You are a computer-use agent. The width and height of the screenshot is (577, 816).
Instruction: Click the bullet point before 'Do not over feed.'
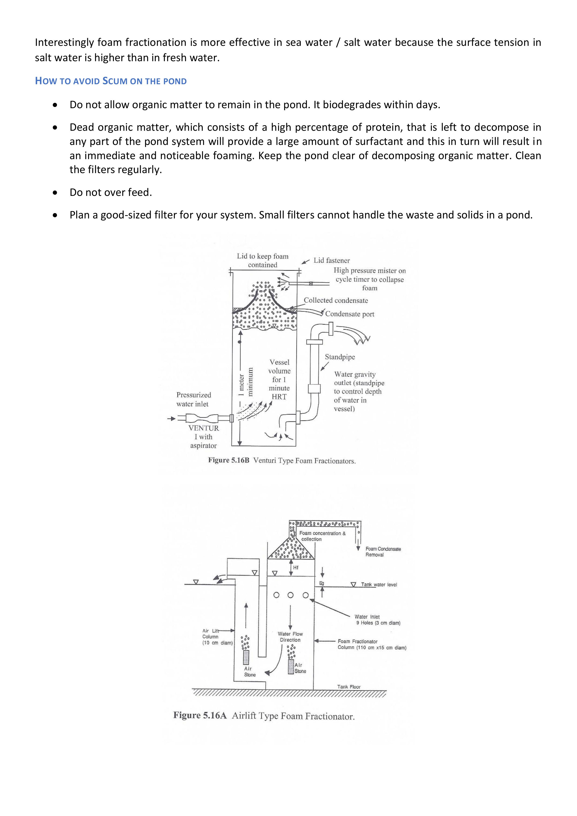click(55, 193)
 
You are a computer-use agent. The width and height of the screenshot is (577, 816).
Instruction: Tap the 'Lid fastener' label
click(331, 261)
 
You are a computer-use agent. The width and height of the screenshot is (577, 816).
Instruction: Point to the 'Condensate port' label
click(350, 314)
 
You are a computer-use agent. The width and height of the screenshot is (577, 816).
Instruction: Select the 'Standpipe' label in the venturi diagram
click(340, 357)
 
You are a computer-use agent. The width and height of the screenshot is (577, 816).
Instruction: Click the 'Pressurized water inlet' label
click(194, 399)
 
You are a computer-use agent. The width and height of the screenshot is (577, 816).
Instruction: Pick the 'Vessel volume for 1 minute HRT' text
click(279, 379)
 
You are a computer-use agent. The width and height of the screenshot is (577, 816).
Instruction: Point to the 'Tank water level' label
click(379, 584)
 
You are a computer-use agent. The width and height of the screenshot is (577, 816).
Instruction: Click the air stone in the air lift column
click(246, 658)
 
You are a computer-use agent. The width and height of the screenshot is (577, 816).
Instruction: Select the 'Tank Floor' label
click(349, 687)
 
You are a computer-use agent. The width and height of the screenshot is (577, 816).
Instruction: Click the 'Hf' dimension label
click(296, 568)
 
